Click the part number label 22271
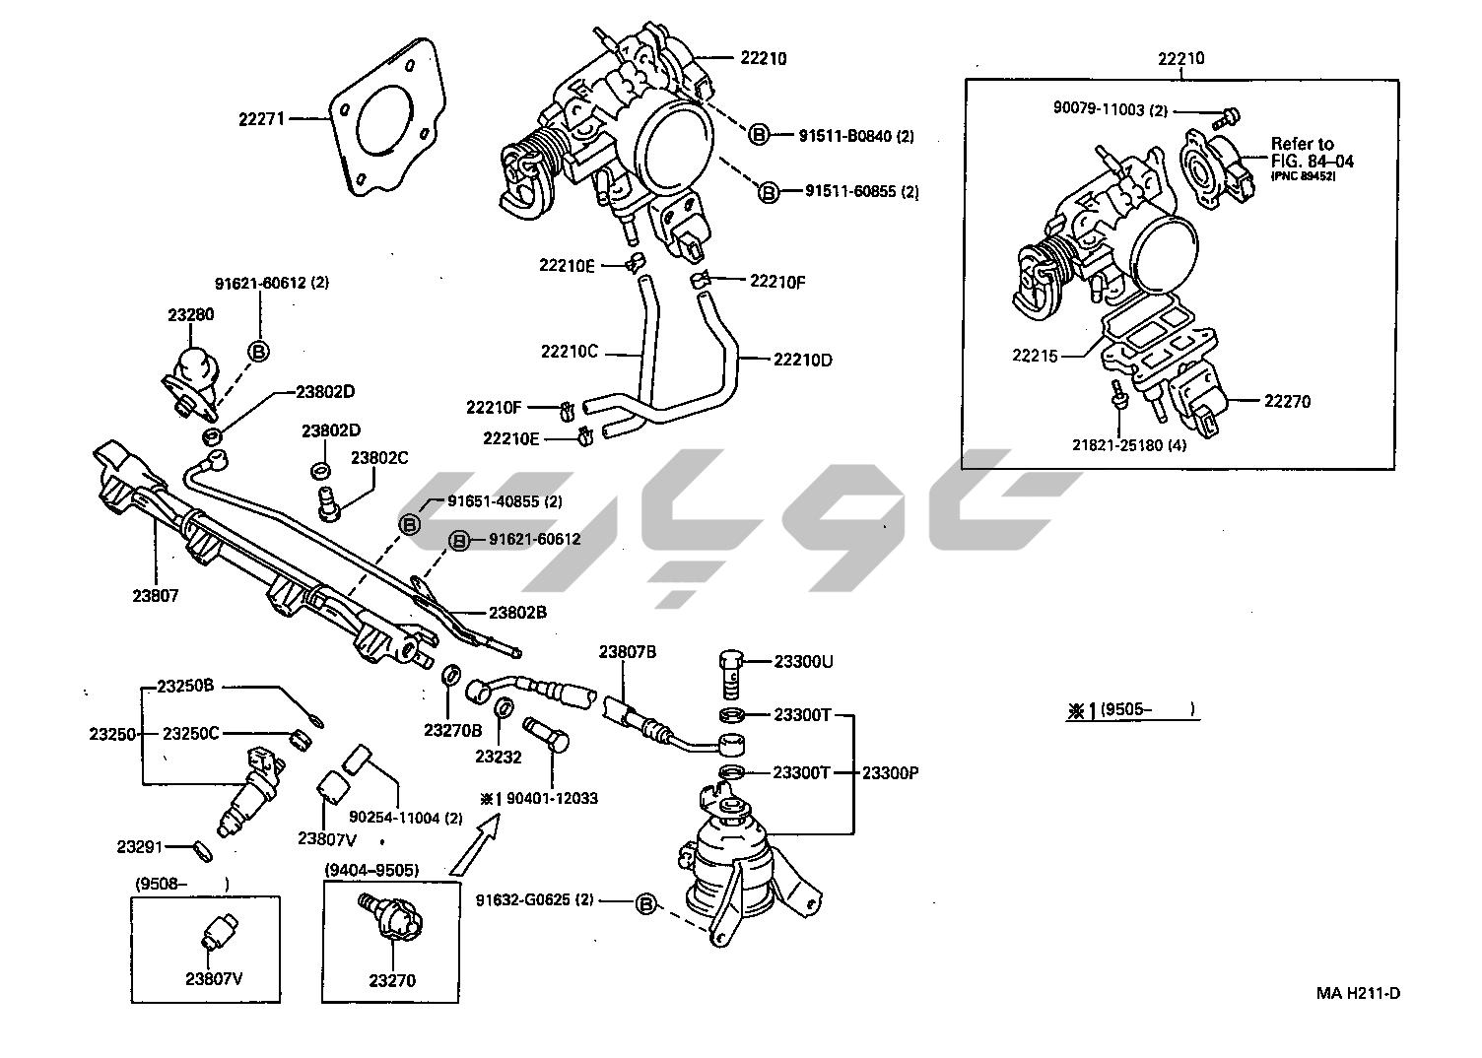(x=261, y=119)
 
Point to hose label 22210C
(x=570, y=351)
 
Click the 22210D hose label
(x=802, y=360)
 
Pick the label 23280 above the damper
(x=190, y=315)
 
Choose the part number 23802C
(x=380, y=457)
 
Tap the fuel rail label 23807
(x=154, y=595)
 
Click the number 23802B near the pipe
(x=517, y=612)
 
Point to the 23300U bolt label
(x=803, y=661)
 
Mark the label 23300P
(x=890, y=773)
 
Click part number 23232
(x=498, y=757)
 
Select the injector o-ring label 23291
(x=140, y=846)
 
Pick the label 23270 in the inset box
(x=392, y=980)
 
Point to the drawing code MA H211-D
(x=1358, y=992)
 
